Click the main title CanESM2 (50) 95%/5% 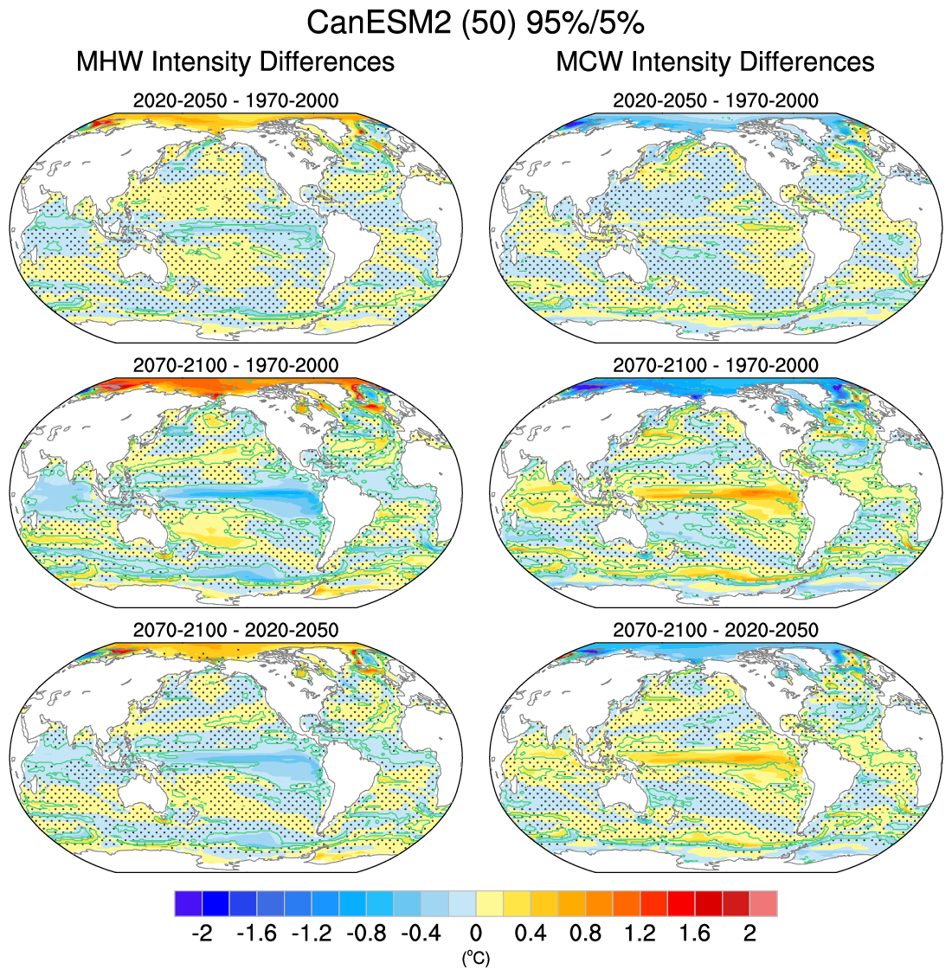(x=475, y=23)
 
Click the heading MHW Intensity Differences (x=235, y=62)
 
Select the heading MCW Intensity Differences (x=715, y=62)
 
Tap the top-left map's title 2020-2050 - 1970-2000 (x=235, y=100)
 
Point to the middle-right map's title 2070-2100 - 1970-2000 (x=715, y=365)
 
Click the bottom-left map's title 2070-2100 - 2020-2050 (x=235, y=630)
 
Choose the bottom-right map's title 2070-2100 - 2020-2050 (x=715, y=630)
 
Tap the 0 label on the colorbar (x=475, y=934)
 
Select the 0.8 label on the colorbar (x=585, y=934)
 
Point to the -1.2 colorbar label (x=311, y=934)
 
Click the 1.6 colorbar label (x=695, y=934)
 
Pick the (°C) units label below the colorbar (x=475, y=958)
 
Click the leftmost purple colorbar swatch (x=188, y=903)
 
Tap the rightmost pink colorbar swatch (x=763, y=903)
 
